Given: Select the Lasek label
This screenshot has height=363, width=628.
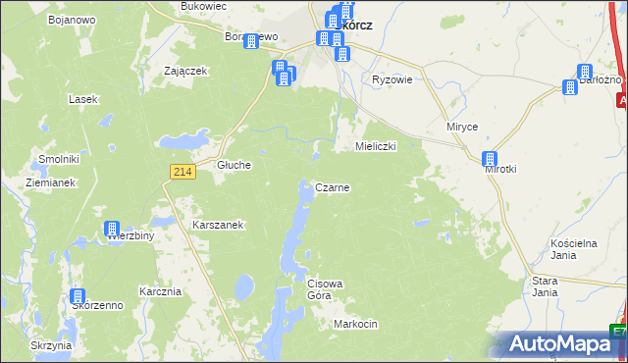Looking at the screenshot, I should [81, 99].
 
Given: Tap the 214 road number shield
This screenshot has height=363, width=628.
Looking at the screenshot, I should [181, 172].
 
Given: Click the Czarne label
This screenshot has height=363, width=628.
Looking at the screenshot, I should [333, 186].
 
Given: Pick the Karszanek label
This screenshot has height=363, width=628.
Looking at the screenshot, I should [218, 225].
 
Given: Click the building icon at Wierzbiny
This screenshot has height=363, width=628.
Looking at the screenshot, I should [113, 229].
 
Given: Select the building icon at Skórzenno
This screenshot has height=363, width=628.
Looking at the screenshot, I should [78, 295].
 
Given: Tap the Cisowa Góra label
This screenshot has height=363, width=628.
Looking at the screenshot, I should [325, 289].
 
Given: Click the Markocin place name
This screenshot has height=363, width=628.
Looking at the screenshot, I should [355, 324].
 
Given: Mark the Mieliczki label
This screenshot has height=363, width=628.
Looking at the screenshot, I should [375, 146].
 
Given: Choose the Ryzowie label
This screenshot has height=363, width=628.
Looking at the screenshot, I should [391, 80].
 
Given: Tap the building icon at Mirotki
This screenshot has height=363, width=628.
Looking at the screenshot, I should [490, 158].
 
